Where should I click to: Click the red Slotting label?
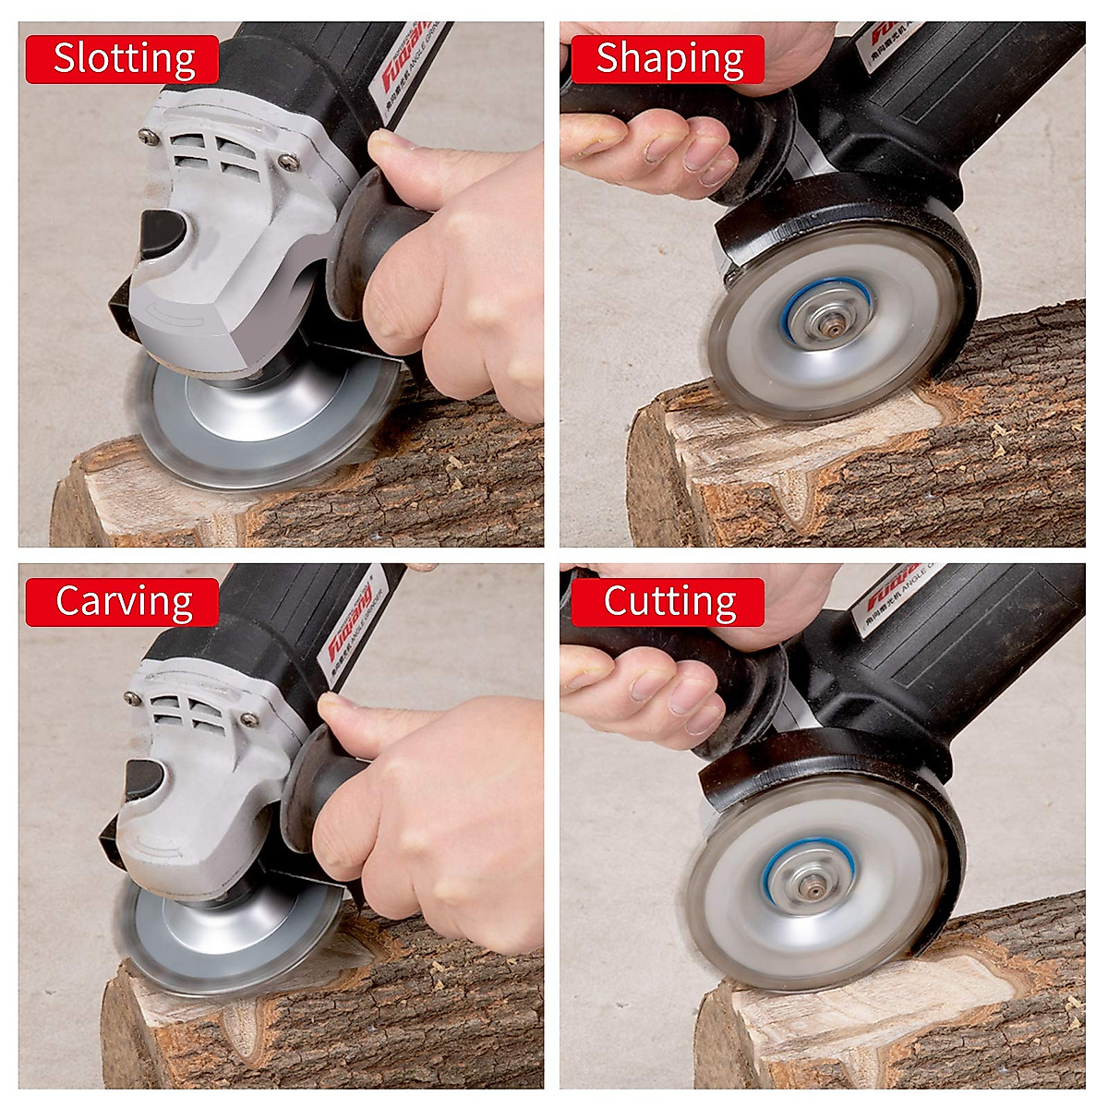click(x=122, y=60)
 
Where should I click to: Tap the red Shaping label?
click(x=668, y=60)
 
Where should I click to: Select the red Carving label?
click(x=122, y=602)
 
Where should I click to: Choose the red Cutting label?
click(x=668, y=602)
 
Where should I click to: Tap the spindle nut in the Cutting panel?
click(x=813, y=885)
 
